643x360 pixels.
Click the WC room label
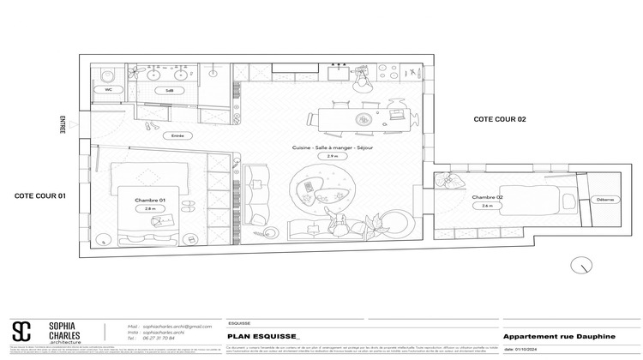point(109,89)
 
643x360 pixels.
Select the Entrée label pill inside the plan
point(177,135)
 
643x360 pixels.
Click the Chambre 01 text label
point(149,200)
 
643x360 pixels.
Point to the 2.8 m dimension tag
point(150,208)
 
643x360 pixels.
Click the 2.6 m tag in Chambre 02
point(487,206)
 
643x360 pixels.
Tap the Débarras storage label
point(603,200)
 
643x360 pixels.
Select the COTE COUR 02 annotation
point(499,120)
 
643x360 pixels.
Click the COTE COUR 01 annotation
point(40,195)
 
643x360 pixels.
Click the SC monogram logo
point(21,332)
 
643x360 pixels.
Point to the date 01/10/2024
point(526,349)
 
